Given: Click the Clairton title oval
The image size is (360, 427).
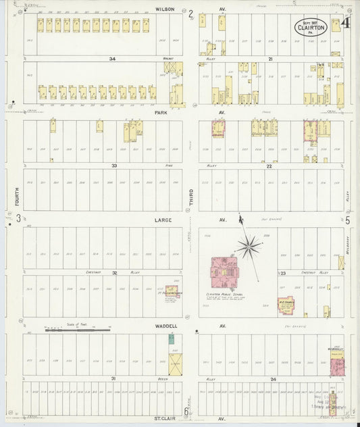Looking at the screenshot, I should pyautogui.click(x=311, y=27).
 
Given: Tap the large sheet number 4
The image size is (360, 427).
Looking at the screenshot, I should pyautogui.click(x=344, y=24).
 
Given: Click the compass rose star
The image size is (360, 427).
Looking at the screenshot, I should pyautogui.click(x=249, y=246).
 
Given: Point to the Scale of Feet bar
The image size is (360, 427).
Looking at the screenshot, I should pyautogui.click(x=78, y=330).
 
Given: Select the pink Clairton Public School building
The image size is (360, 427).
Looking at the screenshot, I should pyautogui.click(x=224, y=272).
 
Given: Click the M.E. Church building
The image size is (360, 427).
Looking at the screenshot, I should pyautogui.click(x=286, y=306).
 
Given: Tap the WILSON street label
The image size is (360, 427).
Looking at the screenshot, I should pyautogui.click(x=165, y=9).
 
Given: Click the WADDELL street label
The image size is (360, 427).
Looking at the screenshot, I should pyautogui.click(x=165, y=326).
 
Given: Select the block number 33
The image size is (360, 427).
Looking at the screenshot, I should pyautogui.click(x=114, y=165).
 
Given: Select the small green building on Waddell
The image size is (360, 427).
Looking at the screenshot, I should pyautogui.click(x=172, y=339).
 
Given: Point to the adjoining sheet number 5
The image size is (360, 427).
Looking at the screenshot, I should pyautogui.click(x=347, y=220).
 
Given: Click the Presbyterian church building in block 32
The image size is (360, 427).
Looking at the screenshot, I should pyautogui.click(x=172, y=292).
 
